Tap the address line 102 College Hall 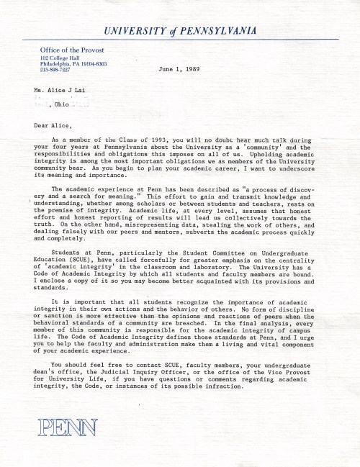(63, 57)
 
